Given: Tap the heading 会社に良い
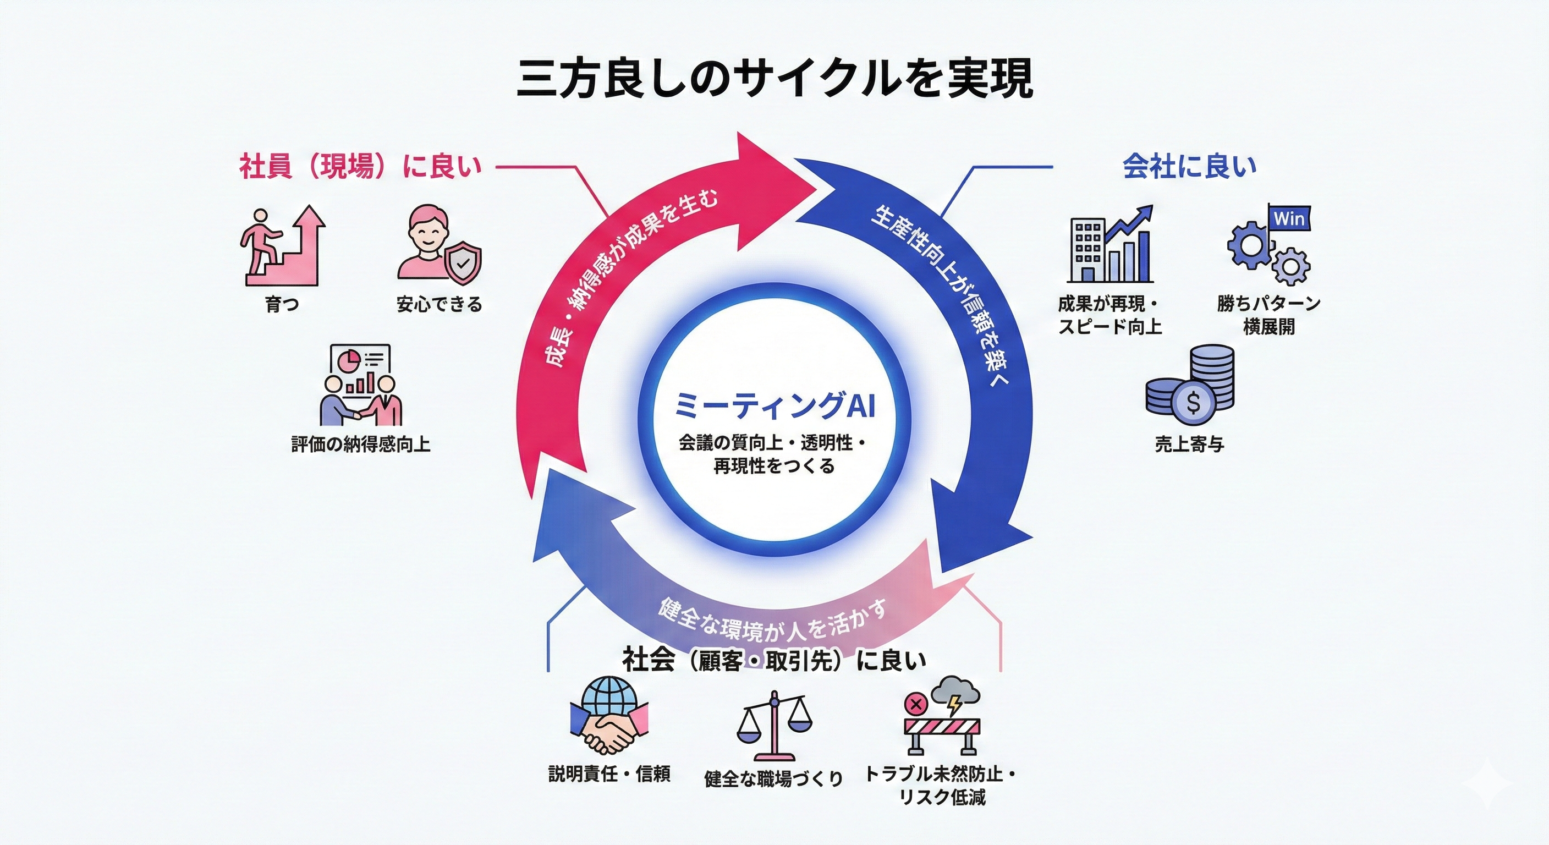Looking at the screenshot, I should coord(1189,167).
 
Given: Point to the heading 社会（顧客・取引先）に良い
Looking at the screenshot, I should coord(774,660).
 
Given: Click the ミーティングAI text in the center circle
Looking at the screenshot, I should coord(774,406).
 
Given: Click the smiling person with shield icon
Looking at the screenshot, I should coord(440,245).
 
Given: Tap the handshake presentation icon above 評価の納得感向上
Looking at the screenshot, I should coord(360,386).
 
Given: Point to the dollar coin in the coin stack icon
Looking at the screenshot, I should coord(1193,401).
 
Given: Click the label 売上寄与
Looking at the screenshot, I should coord(1189,445).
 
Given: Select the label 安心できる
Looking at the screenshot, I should coord(440,304).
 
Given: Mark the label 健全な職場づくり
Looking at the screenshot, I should coord(773,778).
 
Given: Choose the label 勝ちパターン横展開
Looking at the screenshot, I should coord(1269,315).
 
